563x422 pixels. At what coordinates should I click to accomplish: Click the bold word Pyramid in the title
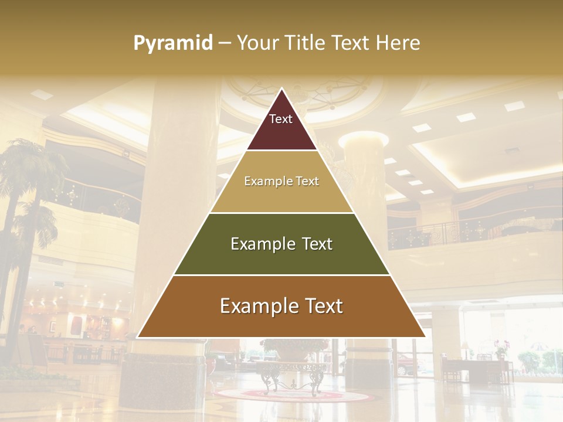coord(173,43)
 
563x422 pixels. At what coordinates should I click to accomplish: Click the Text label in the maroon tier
coord(281,119)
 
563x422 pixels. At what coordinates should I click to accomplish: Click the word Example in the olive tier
coord(262,244)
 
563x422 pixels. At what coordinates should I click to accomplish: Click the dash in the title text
coord(225,43)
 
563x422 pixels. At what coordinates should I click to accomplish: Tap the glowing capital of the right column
coord(364,139)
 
